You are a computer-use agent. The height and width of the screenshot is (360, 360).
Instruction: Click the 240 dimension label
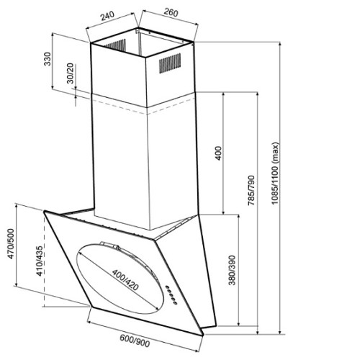[x=107, y=16]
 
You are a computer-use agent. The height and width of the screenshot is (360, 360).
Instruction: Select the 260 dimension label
[x=171, y=12]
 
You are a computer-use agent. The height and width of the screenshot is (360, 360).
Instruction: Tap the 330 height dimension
[x=48, y=59]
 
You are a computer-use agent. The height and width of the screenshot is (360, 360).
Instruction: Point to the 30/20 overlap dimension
[x=71, y=73]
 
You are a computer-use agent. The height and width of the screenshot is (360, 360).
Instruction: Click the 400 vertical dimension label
[x=219, y=153]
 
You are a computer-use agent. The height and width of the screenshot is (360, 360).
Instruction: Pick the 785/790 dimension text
[x=251, y=191]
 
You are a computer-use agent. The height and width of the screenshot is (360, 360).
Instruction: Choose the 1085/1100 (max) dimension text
[x=275, y=174]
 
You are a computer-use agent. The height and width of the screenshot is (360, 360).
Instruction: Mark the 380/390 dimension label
[x=232, y=270]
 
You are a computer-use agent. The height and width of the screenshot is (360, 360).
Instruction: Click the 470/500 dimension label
[x=11, y=244]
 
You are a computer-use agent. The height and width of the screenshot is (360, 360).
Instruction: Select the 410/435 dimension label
[x=40, y=261]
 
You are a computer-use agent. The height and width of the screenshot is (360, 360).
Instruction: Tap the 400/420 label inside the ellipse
[x=125, y=280]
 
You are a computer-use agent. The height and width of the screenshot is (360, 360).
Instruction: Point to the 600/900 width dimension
[x=135, y=341]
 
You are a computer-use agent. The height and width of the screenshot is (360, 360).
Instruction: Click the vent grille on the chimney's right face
[x=170, y=63]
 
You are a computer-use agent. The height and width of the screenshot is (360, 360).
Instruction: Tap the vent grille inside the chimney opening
[x=114, y=45]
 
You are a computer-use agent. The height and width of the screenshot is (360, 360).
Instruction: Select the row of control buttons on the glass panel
[x=171, y=295]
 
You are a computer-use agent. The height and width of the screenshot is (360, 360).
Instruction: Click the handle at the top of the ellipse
[x=109, y=245]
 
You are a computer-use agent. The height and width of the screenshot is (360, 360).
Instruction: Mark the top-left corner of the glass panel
[x=44, y=212]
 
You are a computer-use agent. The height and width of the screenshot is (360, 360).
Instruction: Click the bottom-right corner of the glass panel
[x=203, y=335]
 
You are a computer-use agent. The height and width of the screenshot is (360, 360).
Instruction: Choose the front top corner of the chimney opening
[x=145, y=58]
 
